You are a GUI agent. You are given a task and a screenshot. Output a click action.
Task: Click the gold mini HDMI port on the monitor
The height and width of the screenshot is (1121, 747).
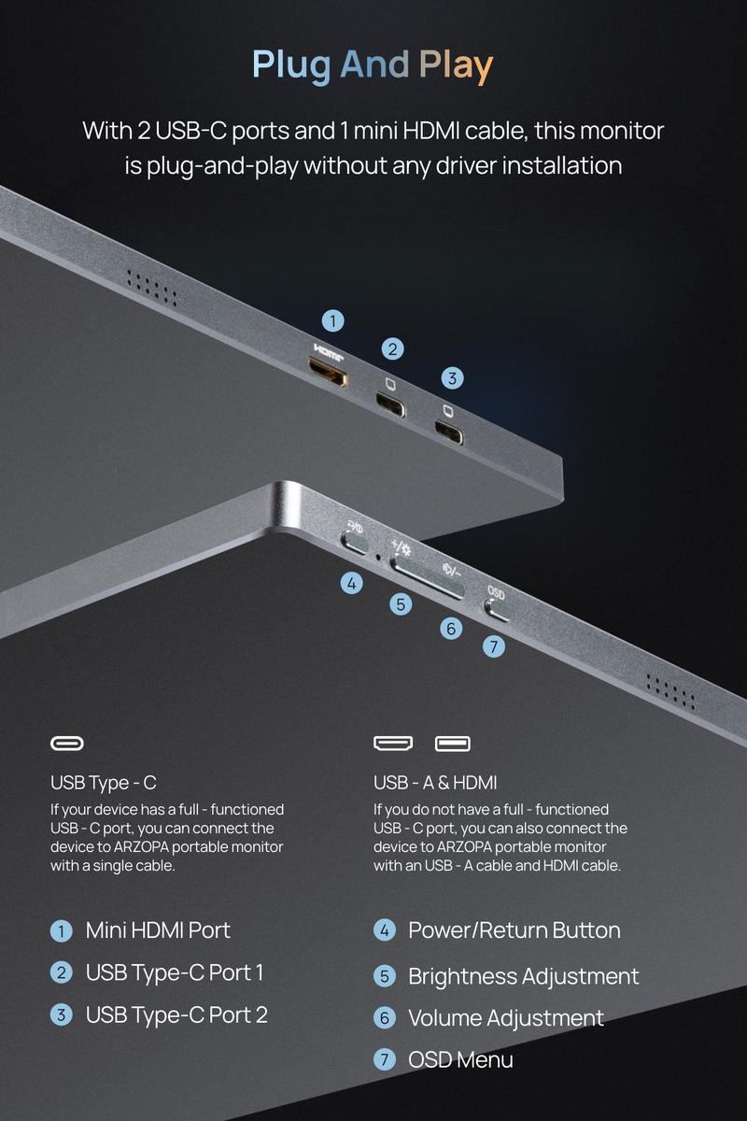pyautogui.click(x=328, y=372)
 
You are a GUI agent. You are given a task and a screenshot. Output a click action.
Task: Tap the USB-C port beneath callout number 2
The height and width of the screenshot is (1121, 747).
pyautogui.click(x=390, y=405)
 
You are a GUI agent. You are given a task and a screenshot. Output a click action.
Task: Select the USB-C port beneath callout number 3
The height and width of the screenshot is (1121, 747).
pyautogui.click(x=449, y=432)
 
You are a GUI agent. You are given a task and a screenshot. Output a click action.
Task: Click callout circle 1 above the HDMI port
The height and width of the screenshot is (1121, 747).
pyautogui.click(x=332, y=320)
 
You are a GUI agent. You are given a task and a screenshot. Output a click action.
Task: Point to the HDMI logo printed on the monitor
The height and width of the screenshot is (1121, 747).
pyautogui.click(x=329, y=352)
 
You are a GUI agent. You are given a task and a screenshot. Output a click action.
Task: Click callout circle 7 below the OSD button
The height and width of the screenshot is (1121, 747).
pyautogui.click(x=494, y=646)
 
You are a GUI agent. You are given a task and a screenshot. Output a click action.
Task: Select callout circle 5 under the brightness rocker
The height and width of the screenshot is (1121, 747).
pyautogui.click(x=401, y=604)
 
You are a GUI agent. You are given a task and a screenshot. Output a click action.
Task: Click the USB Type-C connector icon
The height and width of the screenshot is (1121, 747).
pyautogui.click(x=67, y=744)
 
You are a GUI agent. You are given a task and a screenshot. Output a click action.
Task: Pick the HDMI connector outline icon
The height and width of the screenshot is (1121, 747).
pyautogui.click(x=393, y=744)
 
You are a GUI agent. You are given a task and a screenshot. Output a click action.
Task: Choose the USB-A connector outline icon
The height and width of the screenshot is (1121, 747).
pyautogui.click(x=452, y=744)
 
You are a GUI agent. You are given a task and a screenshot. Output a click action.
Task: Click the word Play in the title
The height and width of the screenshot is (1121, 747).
pyautogui.click(x=456, y=66)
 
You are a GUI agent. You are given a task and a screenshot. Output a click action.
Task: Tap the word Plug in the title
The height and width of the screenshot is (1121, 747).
pyautogui.click(x=291, y=66)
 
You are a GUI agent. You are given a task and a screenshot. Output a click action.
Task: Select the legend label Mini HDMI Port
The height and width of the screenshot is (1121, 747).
pyautogui.click(x=158, y=930)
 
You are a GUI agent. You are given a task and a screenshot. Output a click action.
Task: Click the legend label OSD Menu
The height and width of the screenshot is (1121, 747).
pyautogui.click(x=460, y=1059)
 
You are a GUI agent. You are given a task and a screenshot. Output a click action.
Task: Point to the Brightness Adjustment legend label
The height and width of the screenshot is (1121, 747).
pyautogui.click(x=523, y=976)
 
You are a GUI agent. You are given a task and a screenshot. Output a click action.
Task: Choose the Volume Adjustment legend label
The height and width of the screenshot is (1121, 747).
pyautogui.click(x=506, y=1018)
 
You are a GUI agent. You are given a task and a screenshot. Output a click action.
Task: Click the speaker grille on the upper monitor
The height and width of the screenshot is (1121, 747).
pyautogui.click(x=151, y=290)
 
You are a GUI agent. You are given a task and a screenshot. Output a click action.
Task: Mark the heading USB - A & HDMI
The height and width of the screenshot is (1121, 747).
pyautogui.click(x=435, y=783)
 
